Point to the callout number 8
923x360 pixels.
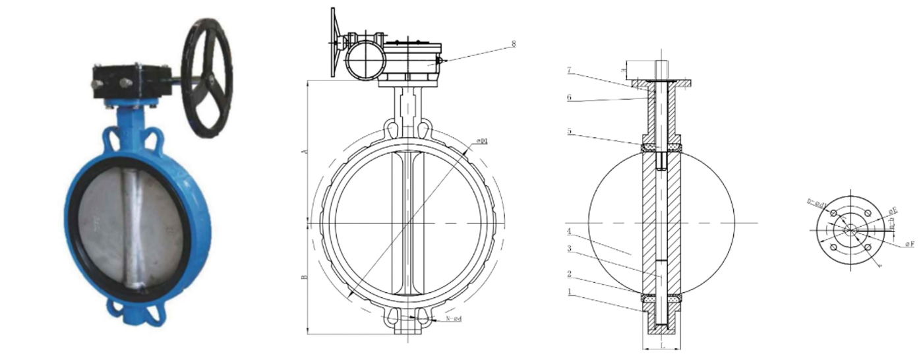[513, 44]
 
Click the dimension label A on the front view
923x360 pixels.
[304, 152]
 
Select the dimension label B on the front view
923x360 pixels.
[304, 278]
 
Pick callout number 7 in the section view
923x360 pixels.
[568, 70]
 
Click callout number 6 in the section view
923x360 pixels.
[568, 98]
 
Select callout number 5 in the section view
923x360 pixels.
[568, 131]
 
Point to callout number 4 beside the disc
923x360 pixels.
[568, 231]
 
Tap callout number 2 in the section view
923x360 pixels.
[568, 273]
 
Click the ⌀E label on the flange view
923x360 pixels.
[893, 210]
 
